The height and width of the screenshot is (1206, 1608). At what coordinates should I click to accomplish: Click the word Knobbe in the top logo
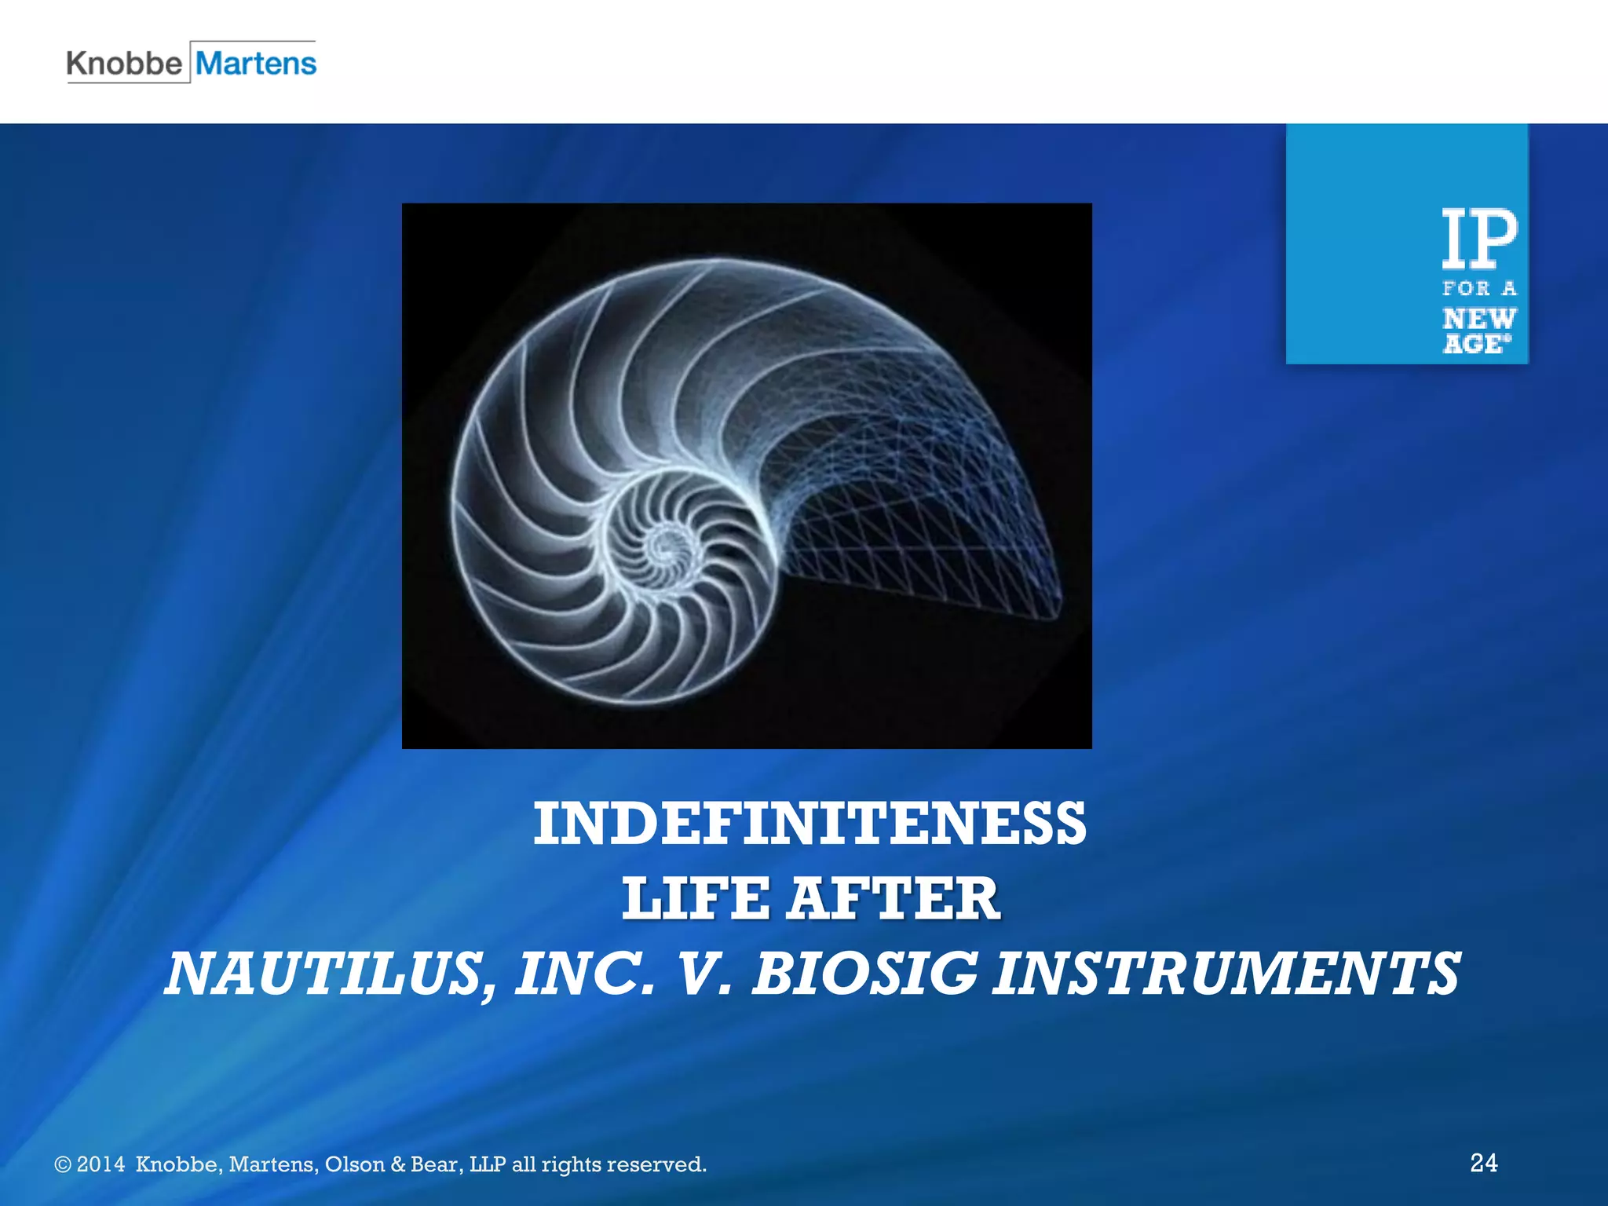(124, 64)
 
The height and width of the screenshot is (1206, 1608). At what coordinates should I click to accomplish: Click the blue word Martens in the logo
(256, 64)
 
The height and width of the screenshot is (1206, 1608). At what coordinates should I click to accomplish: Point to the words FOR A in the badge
(1479, 289)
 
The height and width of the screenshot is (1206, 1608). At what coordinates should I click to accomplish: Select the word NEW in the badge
(1479, 319)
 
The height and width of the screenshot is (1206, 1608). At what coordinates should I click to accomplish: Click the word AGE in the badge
(1475, 344)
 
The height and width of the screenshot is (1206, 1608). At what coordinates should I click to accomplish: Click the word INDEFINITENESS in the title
(809, 824)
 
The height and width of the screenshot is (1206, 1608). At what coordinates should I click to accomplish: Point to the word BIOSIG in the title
(864, 974)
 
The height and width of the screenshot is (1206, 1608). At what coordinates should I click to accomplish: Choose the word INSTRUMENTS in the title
(1226, 974)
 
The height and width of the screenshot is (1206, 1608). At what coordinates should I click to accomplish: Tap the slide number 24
(1483, 1162)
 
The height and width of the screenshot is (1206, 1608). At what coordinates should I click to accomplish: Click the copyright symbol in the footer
(63, 1164)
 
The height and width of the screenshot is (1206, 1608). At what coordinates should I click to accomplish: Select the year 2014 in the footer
(100, 1164)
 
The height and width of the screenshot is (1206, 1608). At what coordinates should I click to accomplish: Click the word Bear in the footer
(435, 1164)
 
